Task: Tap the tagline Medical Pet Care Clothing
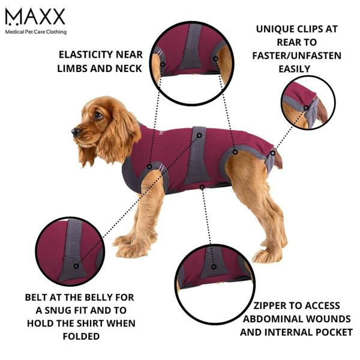pos(35,32)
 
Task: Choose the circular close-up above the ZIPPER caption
pos(213,267)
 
